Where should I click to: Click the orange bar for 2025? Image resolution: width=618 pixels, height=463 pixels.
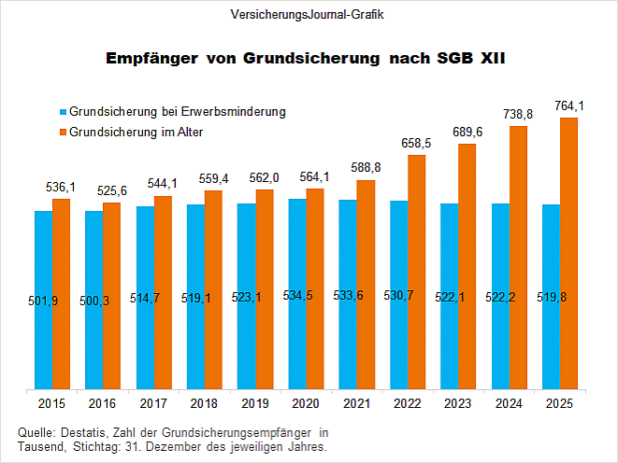click(x=568, y=252)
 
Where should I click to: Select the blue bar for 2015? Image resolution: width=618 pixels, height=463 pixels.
click(x=43, y=299)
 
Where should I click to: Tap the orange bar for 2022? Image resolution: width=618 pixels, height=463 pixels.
click(x=416, y=271)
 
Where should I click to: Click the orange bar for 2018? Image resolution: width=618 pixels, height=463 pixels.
click(x=213, y=289)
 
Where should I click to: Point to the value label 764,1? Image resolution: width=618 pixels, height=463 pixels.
click(x=568, y=105)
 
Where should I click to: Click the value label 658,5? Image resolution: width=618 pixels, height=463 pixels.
click(x=416, y=143)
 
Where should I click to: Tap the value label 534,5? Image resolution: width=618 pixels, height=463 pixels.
click(x=298, y=296)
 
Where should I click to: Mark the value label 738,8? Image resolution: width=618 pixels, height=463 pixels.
click(x=518, y=114)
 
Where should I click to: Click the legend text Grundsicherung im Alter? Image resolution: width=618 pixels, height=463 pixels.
click(x=137, y=133)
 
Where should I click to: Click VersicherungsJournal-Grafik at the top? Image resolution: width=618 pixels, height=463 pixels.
click(x=308, y=16)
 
